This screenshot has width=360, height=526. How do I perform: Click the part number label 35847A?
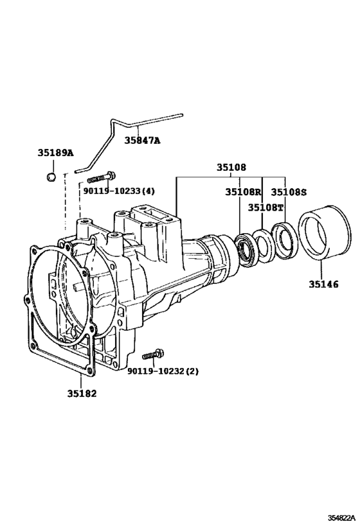click(x=142, y=141)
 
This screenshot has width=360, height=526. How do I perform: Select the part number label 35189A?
click(x=55, y=153)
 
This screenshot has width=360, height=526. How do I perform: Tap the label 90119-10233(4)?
click(x=119, y=190)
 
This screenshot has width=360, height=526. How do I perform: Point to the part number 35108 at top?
click(x=231, y=168)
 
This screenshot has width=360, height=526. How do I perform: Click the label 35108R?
click(x=242, y=192)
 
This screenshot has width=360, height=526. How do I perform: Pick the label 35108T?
click(x=265, y=207)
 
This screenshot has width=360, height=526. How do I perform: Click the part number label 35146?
click(x=322, y=283)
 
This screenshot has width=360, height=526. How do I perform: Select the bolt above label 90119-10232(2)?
click(x=152, y=354)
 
